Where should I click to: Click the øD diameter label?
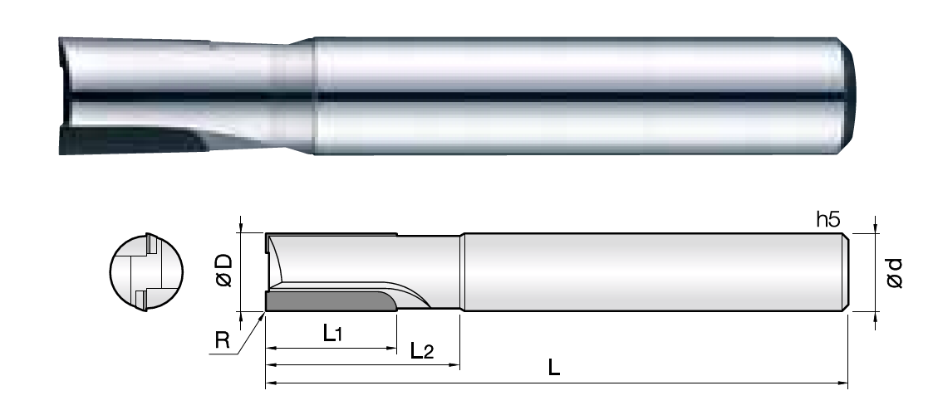coord(223,271)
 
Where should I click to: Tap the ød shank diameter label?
coord(894,273)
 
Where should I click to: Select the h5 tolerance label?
coord(827,220)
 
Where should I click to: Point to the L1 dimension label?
coord(332,334)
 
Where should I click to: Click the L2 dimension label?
coord(422,350)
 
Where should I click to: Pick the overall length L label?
coord(554,368)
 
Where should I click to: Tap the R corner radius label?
coord(222,340)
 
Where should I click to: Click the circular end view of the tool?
coord(146,272)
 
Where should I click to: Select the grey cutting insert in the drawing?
coord(331,301)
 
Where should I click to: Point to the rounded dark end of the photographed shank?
coord(850,96)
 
